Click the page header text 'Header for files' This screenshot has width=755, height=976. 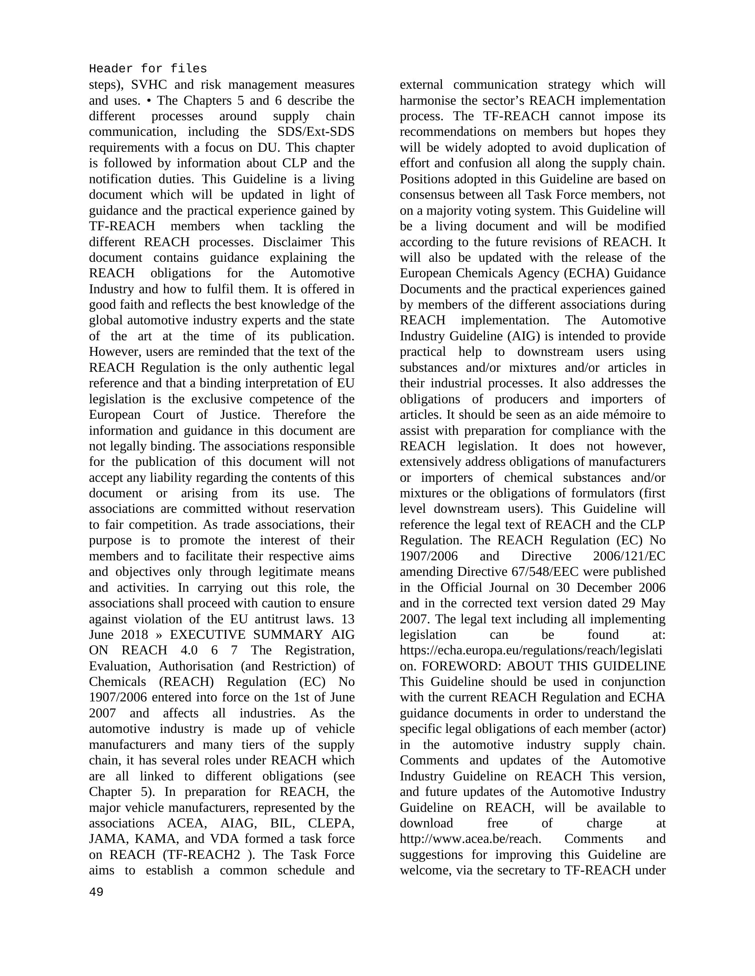[147, 69]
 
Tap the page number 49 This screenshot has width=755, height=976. [96, 892]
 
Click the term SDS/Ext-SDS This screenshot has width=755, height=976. [313, 132]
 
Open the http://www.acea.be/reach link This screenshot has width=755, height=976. [470, 839]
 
